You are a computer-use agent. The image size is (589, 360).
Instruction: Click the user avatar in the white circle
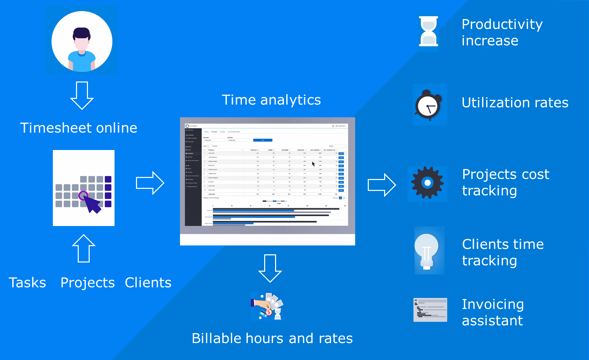point(82,41)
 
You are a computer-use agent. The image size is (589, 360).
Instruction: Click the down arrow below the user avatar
point(82,95)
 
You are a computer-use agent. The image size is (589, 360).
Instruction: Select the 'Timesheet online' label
point(79,128)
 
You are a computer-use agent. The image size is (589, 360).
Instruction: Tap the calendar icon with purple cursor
point(84,188)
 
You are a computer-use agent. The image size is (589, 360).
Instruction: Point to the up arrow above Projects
point(84,248)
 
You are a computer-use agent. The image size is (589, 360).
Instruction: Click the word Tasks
point(27,283)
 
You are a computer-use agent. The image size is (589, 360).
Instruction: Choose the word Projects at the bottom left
point(88,283)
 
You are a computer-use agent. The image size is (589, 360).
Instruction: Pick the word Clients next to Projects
point(148,283)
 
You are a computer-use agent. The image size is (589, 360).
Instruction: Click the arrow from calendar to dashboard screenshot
point(150,183)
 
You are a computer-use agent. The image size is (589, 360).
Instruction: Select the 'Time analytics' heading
point(271,100)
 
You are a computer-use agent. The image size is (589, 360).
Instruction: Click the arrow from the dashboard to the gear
point(382,185)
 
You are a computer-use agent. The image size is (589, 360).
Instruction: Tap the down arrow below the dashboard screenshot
point(270,268)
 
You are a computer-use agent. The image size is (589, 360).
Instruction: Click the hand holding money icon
point(267,306)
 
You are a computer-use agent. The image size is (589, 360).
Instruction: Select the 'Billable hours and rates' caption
point(272,339)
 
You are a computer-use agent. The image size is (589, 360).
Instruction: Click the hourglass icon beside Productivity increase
point(428,31)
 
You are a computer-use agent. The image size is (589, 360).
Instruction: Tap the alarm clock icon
point(428,105)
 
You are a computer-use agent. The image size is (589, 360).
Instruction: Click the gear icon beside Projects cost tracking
point(427,183)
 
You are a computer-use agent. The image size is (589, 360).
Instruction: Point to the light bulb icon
point(427,251)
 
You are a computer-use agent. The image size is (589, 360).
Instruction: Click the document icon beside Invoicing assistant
point(430,310)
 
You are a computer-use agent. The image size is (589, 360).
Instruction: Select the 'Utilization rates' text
point(515,103)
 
